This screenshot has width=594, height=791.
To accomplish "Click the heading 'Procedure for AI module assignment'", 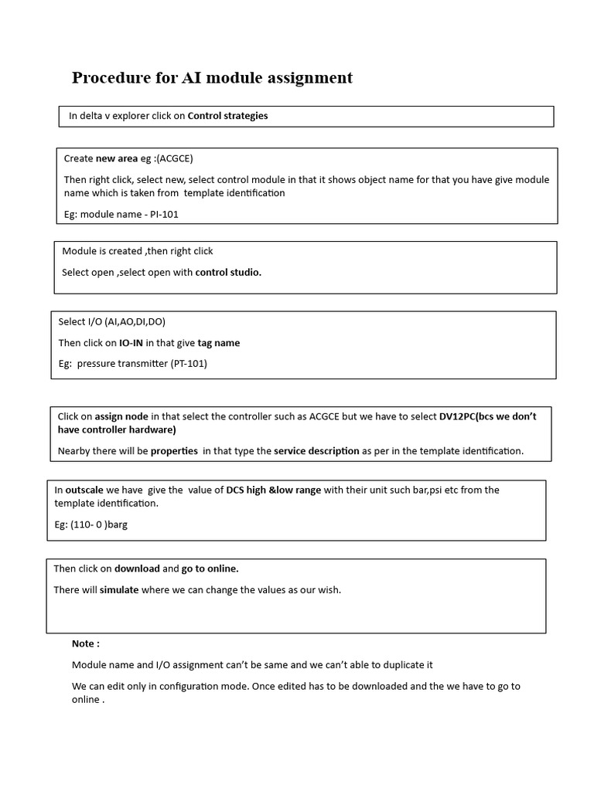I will coord(212,78).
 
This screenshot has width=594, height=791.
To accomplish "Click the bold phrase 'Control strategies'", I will coord(227,116).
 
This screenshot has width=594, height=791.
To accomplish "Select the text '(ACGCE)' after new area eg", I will coord(175,158).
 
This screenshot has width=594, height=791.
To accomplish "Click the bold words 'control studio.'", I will coord(228,272).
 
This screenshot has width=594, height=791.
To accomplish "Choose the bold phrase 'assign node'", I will coord(121,416).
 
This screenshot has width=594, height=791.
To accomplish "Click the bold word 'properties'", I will coord(174,450).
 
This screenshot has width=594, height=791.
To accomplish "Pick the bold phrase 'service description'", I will coord(316,450).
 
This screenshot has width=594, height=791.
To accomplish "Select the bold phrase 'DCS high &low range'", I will coord(273,490).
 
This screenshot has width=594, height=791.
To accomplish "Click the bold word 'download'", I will coord(137,569).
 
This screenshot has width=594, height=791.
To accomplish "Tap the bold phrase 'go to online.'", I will coord(210,569).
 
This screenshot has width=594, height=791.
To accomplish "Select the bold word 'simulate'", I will coord(119,589).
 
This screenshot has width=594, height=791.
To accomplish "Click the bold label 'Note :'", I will coord(86,643).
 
